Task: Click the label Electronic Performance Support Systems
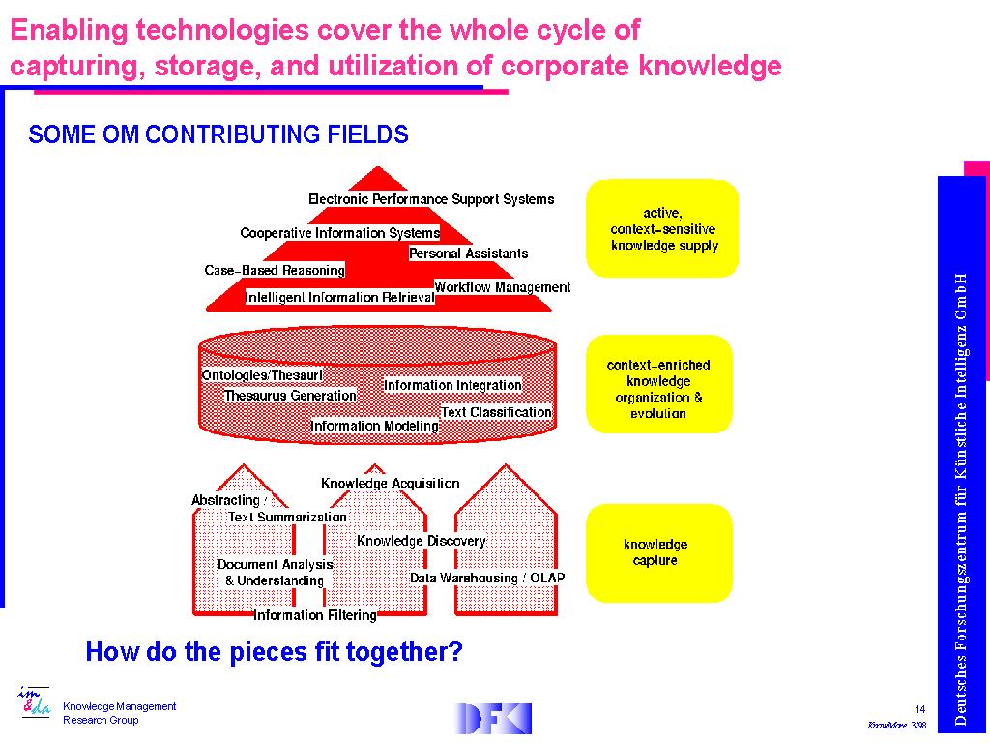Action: point(431,199)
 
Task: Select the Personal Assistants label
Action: point(469,253)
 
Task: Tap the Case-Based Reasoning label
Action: point(275,271)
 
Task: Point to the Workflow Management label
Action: point(502,287)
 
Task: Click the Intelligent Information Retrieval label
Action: point(339,297)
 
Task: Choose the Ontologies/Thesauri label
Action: point(262,375)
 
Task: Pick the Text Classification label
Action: point(496,412)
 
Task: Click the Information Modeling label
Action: point(375,426)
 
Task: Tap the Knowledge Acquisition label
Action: point(391,484)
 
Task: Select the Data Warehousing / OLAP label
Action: point(487,579)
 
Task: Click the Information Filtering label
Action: point(315,615)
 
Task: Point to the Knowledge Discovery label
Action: point(422,541)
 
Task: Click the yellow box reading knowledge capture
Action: point(658,552)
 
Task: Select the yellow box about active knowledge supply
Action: point(661,228)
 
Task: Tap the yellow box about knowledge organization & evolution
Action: point(658,384)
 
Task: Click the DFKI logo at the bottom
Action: point(492,719)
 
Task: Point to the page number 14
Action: point(920,709)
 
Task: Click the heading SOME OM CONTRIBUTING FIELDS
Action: point(218,134)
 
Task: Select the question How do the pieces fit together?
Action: point(274,651)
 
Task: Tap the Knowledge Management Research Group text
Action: point(119,713)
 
